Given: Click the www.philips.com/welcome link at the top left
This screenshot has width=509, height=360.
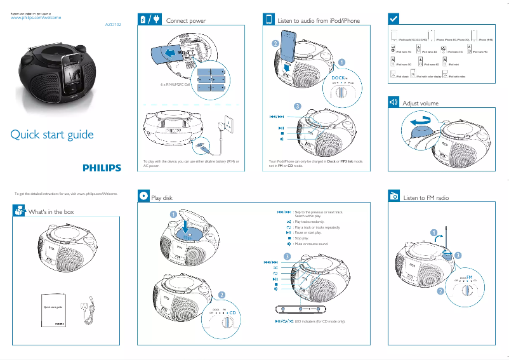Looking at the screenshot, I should (36, 18).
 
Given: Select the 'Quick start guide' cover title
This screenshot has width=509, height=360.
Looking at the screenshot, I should (52, 135).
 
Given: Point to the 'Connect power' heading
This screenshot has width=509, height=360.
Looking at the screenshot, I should (185, 21).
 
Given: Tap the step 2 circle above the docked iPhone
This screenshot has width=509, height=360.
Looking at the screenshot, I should (275, 43).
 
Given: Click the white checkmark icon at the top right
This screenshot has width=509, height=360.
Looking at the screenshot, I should (393, 18).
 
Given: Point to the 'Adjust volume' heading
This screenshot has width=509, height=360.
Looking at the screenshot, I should (420, 103).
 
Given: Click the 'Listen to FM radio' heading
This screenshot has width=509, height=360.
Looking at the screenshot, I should (426, 198).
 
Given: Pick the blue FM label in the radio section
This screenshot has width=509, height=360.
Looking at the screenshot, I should (470, 277).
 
